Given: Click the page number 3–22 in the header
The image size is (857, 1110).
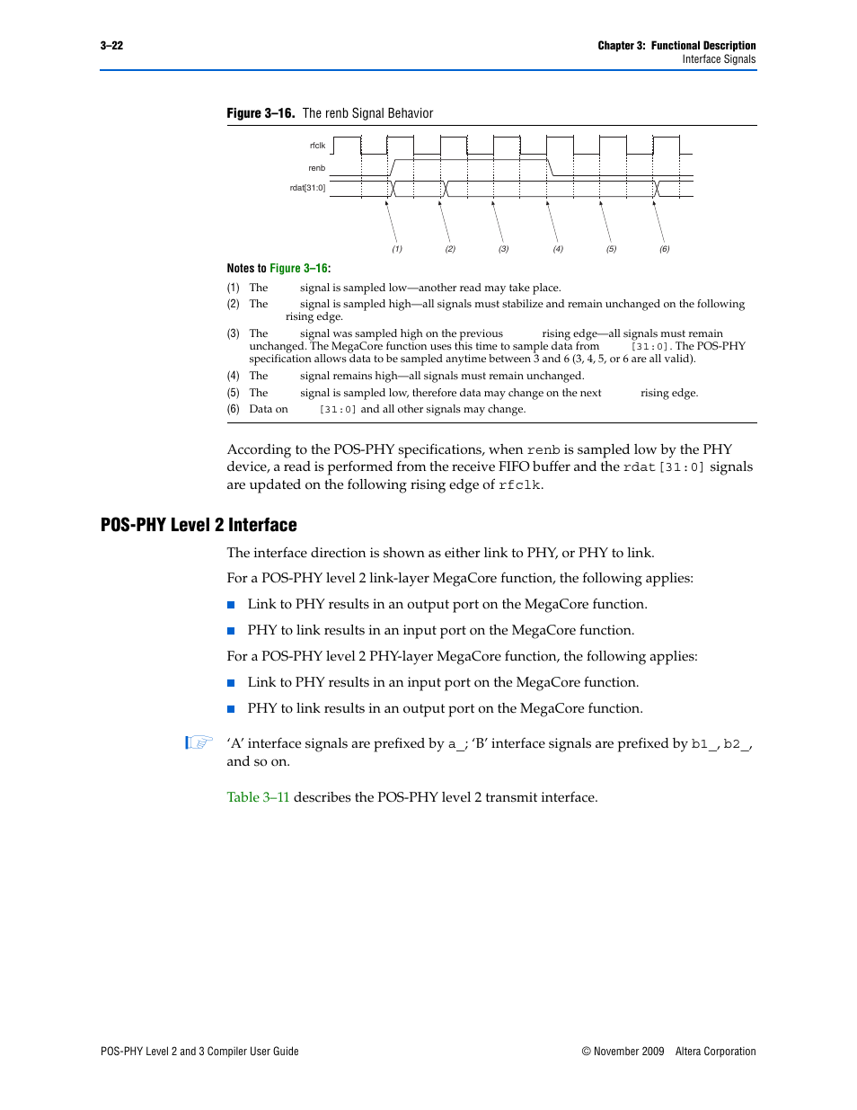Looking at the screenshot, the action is pos(111,46).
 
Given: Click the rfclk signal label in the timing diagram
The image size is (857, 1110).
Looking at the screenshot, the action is pos(317,146).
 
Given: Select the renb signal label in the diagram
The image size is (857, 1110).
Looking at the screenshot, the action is pos(316,168).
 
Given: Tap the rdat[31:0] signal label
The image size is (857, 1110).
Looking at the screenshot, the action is pos(307,188).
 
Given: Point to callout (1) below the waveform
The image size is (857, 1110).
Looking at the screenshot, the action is pos(397,249).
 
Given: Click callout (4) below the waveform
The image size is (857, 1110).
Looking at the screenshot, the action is pos(558,249).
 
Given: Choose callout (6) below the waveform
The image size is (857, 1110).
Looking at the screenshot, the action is pos(665,249).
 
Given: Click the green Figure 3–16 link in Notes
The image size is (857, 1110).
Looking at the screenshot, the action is pos(298,269).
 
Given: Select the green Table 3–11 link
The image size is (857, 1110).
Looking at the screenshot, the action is pos(258,797).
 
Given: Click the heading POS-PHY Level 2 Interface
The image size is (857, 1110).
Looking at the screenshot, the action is pos(199,525).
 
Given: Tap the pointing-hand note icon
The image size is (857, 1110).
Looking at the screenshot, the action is pos(199,742).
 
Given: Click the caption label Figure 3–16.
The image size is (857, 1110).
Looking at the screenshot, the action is pos(261,113).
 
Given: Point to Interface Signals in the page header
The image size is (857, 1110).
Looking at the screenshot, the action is pos(719,59).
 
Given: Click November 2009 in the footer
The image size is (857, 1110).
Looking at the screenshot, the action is pos(629,1052).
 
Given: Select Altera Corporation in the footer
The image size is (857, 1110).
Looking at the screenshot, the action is pos(715,1052).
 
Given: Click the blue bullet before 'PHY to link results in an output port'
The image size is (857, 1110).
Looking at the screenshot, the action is pos(231,708).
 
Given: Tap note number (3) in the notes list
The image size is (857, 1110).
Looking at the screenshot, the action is pos(233,333).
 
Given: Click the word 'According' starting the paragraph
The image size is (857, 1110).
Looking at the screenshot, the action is pos(260,449).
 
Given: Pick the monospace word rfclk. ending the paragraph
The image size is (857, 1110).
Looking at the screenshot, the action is pos(520,485).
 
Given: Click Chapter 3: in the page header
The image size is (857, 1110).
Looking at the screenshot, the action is pos(622,46).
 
